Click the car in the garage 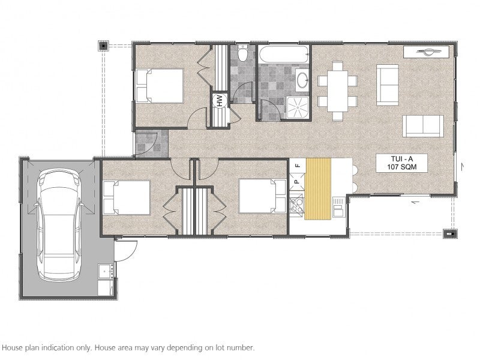(x=59, y=225)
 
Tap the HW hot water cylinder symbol (x=220, y=100)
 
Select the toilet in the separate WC (x=244, y=53)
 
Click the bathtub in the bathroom (x=284, y=54)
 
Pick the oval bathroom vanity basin (x=303, y=80)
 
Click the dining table (x=338, y=91)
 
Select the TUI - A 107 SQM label (x=401, y=163)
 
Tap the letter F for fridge (x=296, y=166)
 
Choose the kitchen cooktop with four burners (x=296, y=205)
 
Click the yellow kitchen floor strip (x=318, y=188)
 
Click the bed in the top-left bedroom (x=160, y=86)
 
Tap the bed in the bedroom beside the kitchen (x=262, y=196)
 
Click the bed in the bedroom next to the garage (x=127, y=198)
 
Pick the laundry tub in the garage (x=107, y=272)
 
